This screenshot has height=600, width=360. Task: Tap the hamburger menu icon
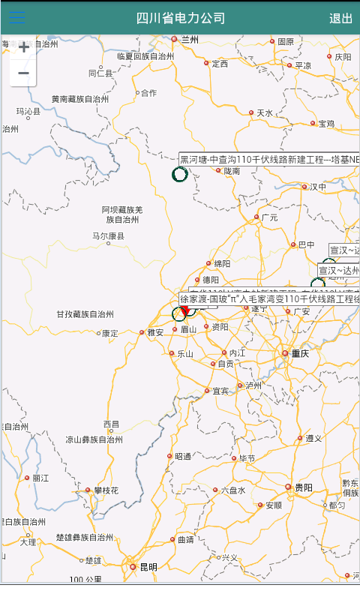[16, 18]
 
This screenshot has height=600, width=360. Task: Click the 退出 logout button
[340, 18]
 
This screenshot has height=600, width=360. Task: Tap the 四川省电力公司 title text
[181, 18]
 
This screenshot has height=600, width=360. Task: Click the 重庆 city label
[299, 353]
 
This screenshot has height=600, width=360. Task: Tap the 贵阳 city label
[303, 487]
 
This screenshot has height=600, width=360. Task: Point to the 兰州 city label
[190, 40]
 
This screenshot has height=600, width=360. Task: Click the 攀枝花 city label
[106, 490]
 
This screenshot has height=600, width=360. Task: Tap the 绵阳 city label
[222, 263]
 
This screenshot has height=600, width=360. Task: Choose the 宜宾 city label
[220, 391]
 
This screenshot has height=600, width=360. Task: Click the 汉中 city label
[318, 187]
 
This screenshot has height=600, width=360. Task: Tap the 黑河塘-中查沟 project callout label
[269, 159]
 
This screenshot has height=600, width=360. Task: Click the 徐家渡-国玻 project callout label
[269, 299]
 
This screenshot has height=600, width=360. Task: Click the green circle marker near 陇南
[180, 175]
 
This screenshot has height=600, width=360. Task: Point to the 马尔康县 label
[108, 236]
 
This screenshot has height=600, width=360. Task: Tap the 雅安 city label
[155, 332]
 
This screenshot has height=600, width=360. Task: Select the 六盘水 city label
[232, 490]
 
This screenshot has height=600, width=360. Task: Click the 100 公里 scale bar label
[85, 580]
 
